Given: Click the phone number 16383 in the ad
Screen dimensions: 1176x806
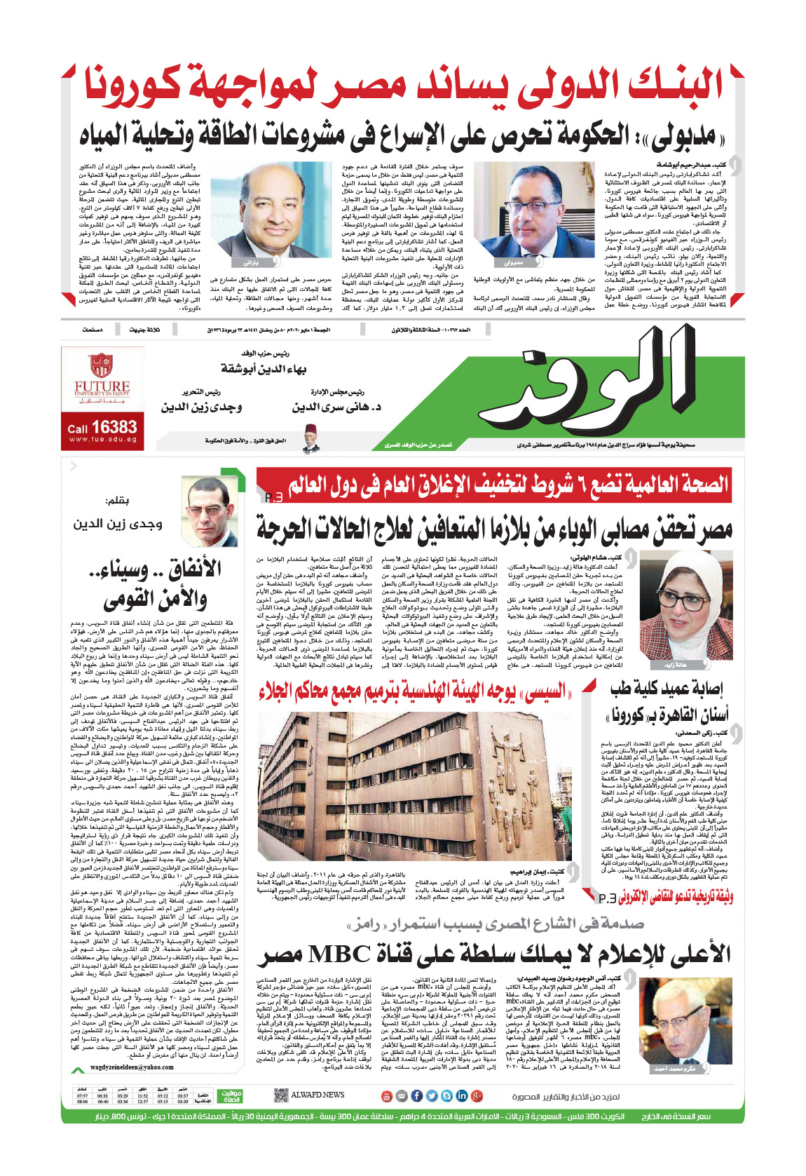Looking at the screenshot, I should [x=113, y=427].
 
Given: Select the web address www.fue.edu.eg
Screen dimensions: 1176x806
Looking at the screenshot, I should [x=103, y=440].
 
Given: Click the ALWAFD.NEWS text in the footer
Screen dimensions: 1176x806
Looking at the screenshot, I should [x=317, y=1095].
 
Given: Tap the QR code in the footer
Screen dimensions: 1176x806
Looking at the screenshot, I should [x=281, y=1095].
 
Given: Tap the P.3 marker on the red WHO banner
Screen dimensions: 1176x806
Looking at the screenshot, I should [x=274, y=497].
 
